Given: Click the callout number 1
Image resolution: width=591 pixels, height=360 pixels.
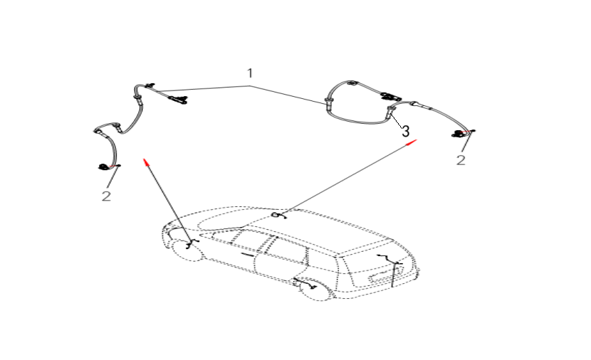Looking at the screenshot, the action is coord(249,73).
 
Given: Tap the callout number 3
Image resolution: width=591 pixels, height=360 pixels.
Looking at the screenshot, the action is coord(405,132).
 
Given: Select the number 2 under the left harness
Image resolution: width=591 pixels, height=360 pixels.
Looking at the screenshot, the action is coord(106,196).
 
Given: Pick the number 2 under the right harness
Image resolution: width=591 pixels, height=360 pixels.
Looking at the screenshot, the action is coord(461,160).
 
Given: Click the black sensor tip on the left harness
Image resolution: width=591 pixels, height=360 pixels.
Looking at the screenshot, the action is coord(103,166).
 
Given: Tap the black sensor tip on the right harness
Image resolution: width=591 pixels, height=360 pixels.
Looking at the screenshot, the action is coord(457,133).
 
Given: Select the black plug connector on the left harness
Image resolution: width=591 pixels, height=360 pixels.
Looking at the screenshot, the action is coord(177,100).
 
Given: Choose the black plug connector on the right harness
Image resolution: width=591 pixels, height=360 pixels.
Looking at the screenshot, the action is coord(388,96).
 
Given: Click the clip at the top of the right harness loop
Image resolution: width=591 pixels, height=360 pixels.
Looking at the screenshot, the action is coord(352,83).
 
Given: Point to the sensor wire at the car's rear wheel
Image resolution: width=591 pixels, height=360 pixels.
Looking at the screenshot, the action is coord(305,284).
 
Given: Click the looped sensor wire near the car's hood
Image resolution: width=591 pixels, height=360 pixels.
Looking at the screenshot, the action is coord(278,216).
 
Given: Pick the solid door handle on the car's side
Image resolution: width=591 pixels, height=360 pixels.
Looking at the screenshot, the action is coord(248,255).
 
